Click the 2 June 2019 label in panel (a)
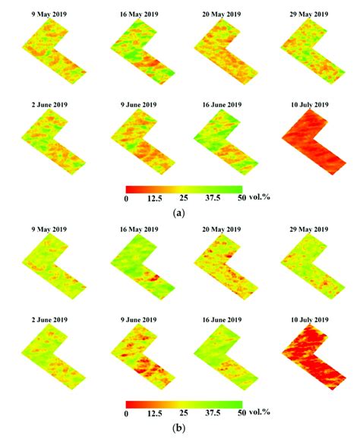click(x=49, y=99)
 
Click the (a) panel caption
click(x=179, y=214)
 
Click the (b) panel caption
click(x=179, y=428)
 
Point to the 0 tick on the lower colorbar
click(x=126, y=415)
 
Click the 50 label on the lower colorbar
click(x=239, y=415)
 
